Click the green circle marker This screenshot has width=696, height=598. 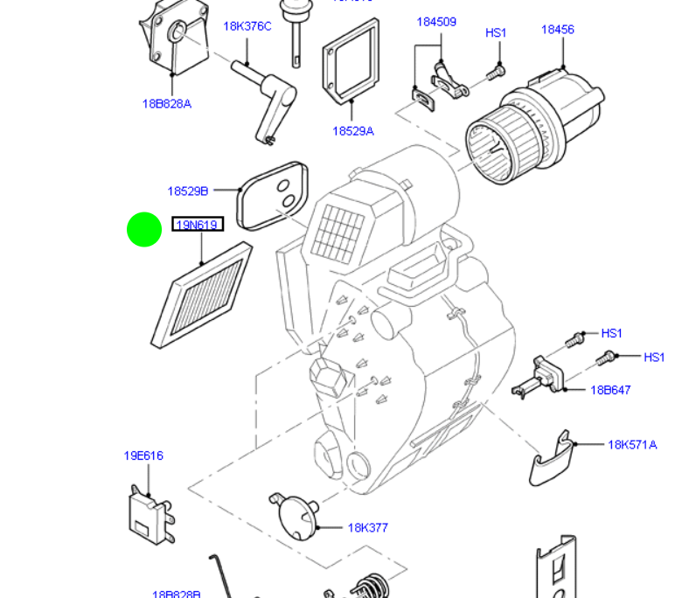point(144,230)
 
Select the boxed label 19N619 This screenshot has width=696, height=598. point(198,225)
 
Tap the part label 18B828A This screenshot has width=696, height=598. point(166,104)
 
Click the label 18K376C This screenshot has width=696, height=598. point(247,26)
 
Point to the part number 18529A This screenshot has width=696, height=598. point(352,131)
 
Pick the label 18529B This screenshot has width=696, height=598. point(188,191)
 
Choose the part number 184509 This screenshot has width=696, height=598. point(436,22)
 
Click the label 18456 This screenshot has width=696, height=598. point(557,30)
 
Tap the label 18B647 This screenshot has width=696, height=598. point(610,390)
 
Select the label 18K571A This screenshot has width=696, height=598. point(632,444)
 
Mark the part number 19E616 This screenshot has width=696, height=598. point(143,455)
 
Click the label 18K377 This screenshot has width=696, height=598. point(367,528)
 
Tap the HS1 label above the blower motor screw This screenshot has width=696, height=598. point(496,33)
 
